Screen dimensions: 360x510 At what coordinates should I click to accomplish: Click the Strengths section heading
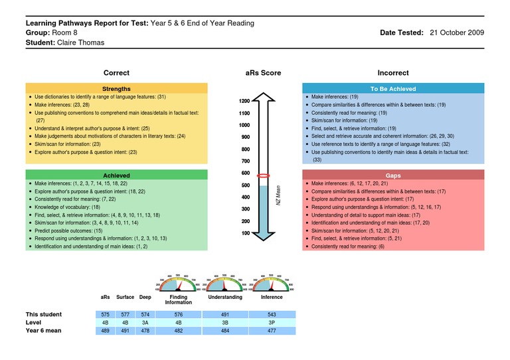click(116, 88)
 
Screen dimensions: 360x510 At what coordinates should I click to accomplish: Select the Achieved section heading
click(116, 175)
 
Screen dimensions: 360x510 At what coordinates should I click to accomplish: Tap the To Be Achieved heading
click(392, 88)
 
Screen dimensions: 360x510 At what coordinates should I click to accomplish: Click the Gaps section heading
click(392, 175)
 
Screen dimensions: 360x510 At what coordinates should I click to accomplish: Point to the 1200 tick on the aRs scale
click(244, 101)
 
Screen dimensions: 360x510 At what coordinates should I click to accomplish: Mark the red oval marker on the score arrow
click(263, 175)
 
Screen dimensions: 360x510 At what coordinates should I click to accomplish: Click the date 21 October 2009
click(457, 33)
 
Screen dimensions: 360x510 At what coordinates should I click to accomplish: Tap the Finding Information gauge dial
click(179, 283)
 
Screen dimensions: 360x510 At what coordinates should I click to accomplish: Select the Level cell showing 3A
click(145, 322)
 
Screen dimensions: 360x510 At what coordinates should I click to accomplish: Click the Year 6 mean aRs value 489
click(105, 330)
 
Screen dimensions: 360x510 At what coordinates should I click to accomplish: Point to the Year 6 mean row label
click(43, 330)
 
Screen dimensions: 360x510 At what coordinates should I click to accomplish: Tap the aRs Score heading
click(263, 73)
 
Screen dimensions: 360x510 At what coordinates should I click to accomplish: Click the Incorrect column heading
click(393, 73)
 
